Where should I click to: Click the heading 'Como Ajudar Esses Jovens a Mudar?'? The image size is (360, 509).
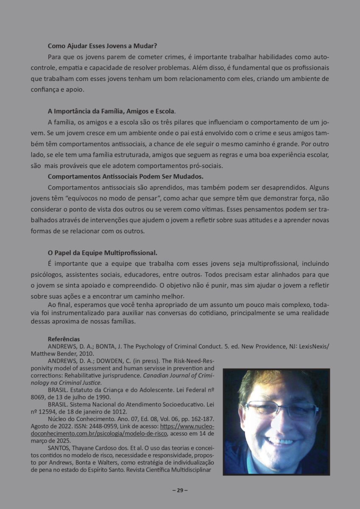pyautogui.click(x=103, y=46)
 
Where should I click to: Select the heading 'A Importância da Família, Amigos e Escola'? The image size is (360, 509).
pyautogui.click(x=111, y=111)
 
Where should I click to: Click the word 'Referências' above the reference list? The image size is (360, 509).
pyautogui.click(x=64, y=339)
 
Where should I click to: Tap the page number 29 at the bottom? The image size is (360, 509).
pyautogui.click(x=180, y=490)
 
